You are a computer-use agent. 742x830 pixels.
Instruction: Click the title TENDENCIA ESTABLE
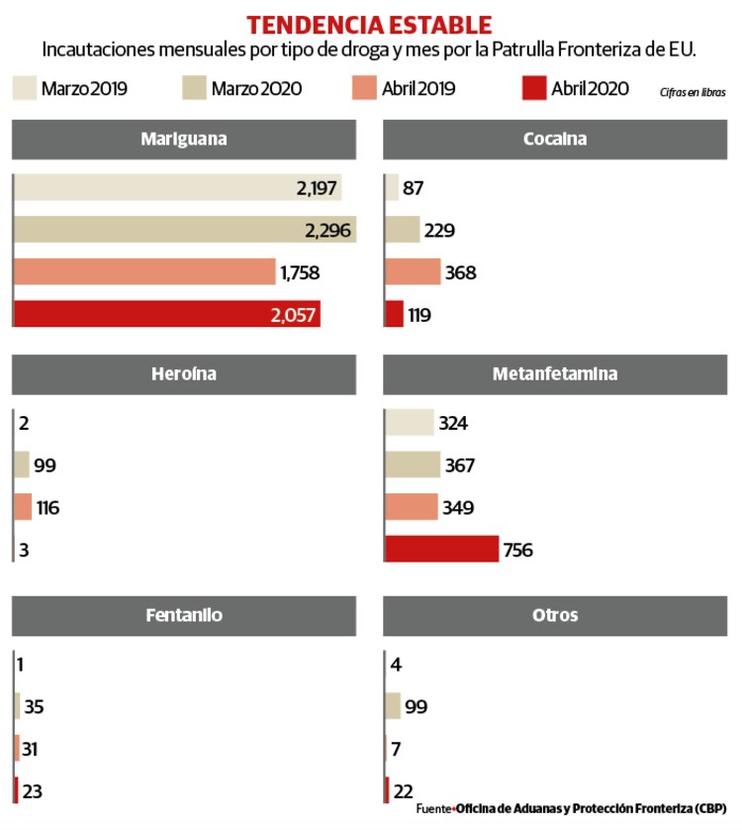point(369,24)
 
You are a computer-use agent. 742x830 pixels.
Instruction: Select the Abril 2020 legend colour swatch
point(533,88)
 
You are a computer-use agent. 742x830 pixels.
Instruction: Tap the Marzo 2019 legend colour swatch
point(24,88)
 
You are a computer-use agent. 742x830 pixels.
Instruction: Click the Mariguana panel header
point(183,140)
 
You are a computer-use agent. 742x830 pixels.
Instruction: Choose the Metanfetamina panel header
point(554,374)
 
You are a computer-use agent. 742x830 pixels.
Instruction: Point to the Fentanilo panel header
point(183,615)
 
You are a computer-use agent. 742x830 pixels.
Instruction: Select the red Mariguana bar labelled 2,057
point(166,314)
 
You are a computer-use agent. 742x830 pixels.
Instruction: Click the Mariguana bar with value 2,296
point(185,230)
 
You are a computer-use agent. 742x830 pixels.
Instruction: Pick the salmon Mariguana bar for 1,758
point(144,272)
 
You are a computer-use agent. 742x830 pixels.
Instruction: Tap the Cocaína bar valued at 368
point(413,272)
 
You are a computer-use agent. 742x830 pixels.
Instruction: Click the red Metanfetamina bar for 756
point(441,549)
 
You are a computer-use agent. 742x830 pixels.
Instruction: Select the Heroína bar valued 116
point(23,508)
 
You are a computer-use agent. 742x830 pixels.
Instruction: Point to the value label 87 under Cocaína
point(414,188)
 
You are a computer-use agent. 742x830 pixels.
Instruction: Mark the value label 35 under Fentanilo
point(34,707)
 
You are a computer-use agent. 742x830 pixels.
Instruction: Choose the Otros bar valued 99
point(393,706)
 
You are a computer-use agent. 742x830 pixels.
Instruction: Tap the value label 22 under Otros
point(405,790)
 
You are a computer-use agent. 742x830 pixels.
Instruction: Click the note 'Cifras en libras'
point(692,92)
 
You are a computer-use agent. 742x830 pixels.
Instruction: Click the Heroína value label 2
point(23,424)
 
